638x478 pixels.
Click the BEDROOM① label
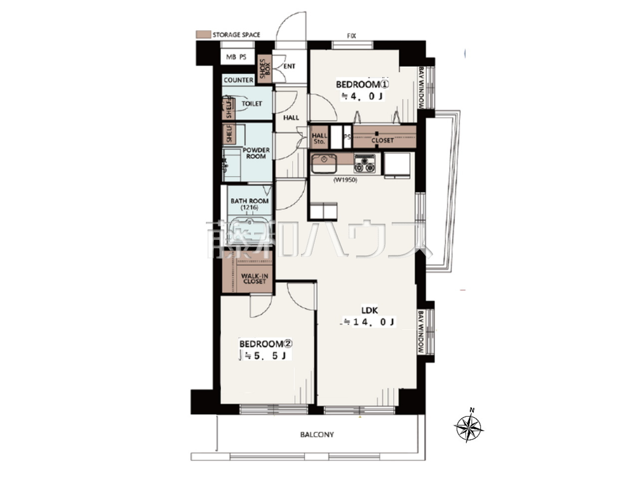(362, 85)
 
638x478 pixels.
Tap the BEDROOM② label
(266, 344)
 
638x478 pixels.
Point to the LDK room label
(369, 311)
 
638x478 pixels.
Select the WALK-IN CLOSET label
(255, 279)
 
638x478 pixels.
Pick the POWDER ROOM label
(256, 153)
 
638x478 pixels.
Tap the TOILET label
(252, 104)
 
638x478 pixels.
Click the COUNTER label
(238, 80)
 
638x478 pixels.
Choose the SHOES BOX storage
(265, 69)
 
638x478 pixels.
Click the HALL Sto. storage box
(319, 137)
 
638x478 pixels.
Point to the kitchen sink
(324, 163)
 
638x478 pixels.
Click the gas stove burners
(364, 164)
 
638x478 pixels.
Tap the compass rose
(468, 427)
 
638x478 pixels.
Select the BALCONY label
(317, 435)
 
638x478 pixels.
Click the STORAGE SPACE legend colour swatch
(203, 34)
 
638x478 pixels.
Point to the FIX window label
(351, 36)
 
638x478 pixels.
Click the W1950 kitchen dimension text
(345, 180)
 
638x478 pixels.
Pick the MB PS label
(236, 57)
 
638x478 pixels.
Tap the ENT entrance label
(289, 66)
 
